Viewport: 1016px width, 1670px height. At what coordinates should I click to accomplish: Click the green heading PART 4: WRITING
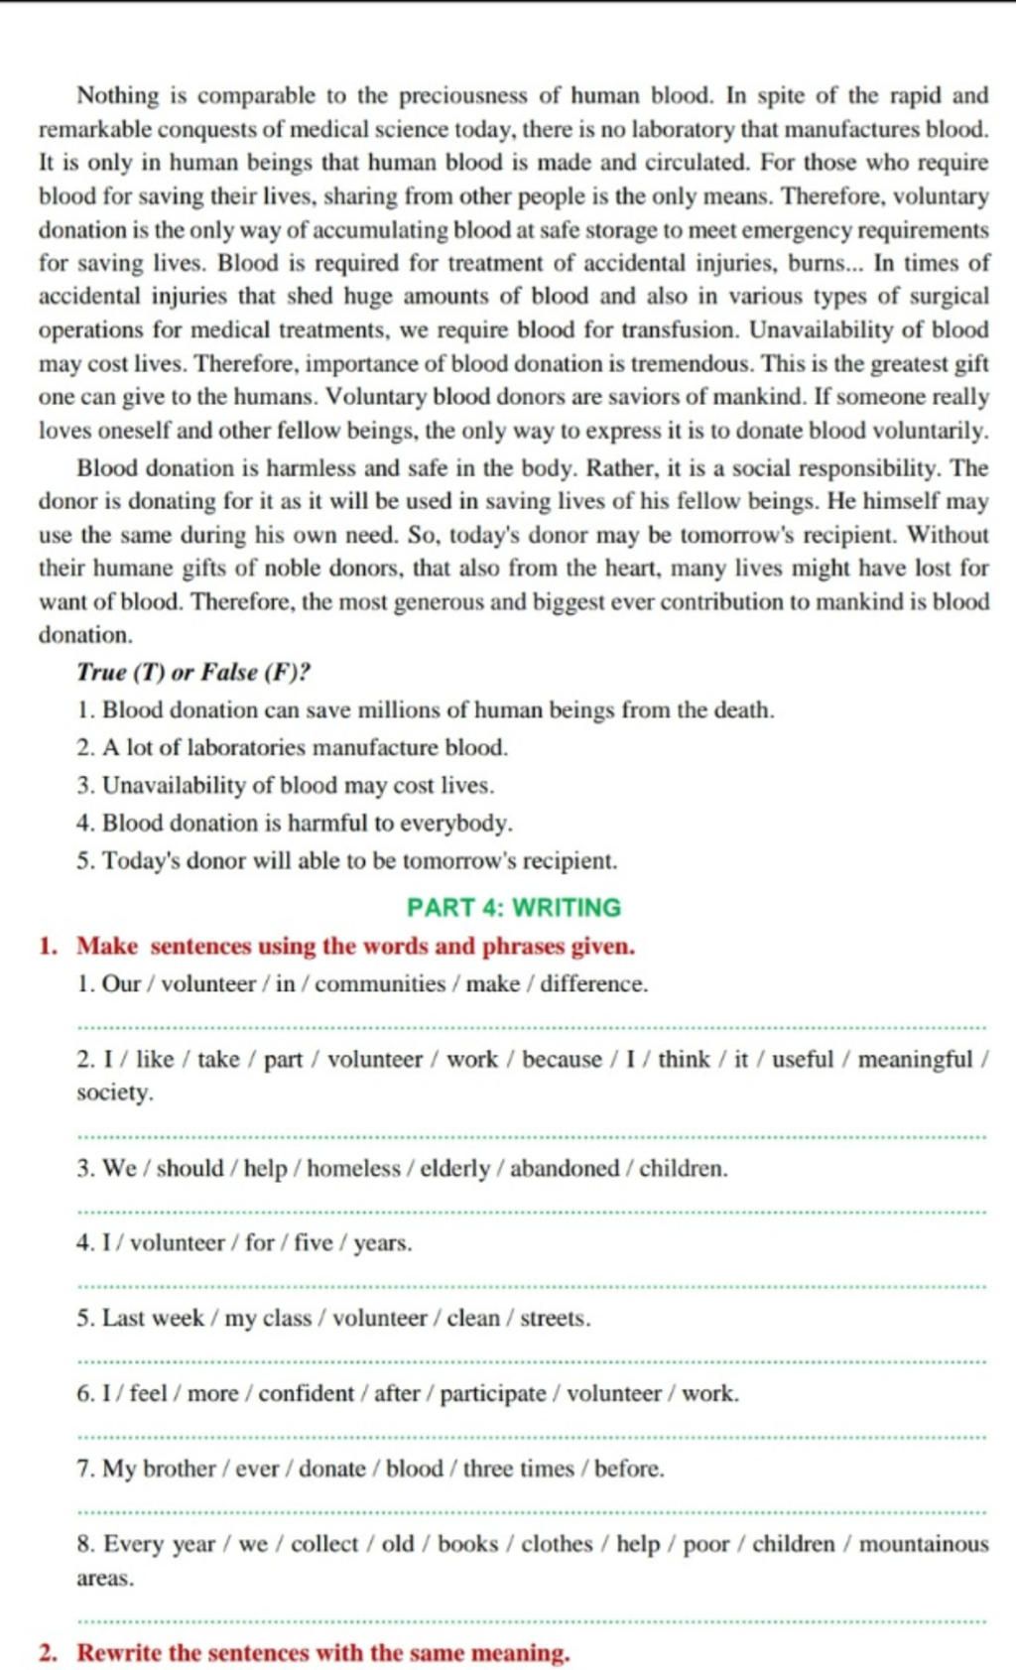pyautogui.click(x=513, y=907)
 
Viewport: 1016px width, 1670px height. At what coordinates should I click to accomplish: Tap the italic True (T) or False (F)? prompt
pyautogui.click(x=193, y=672)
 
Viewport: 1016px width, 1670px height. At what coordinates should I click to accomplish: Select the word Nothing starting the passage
pyautogui.click(x=118, y=95)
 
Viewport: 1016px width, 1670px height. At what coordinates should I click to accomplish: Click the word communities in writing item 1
pyautogui.click(x=380, y=983)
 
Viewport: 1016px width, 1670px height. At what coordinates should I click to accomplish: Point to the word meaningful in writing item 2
pyautogui.click(x=915, y=1059)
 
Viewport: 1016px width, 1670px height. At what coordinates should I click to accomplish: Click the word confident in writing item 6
pyautogui.click(x=306, y=1393)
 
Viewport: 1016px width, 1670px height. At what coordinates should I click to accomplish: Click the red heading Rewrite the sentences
pyautogui.click(x=323, y=1652)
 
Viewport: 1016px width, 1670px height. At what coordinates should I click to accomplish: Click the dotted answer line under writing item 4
pyautogui.click(x=531, y=1287)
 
